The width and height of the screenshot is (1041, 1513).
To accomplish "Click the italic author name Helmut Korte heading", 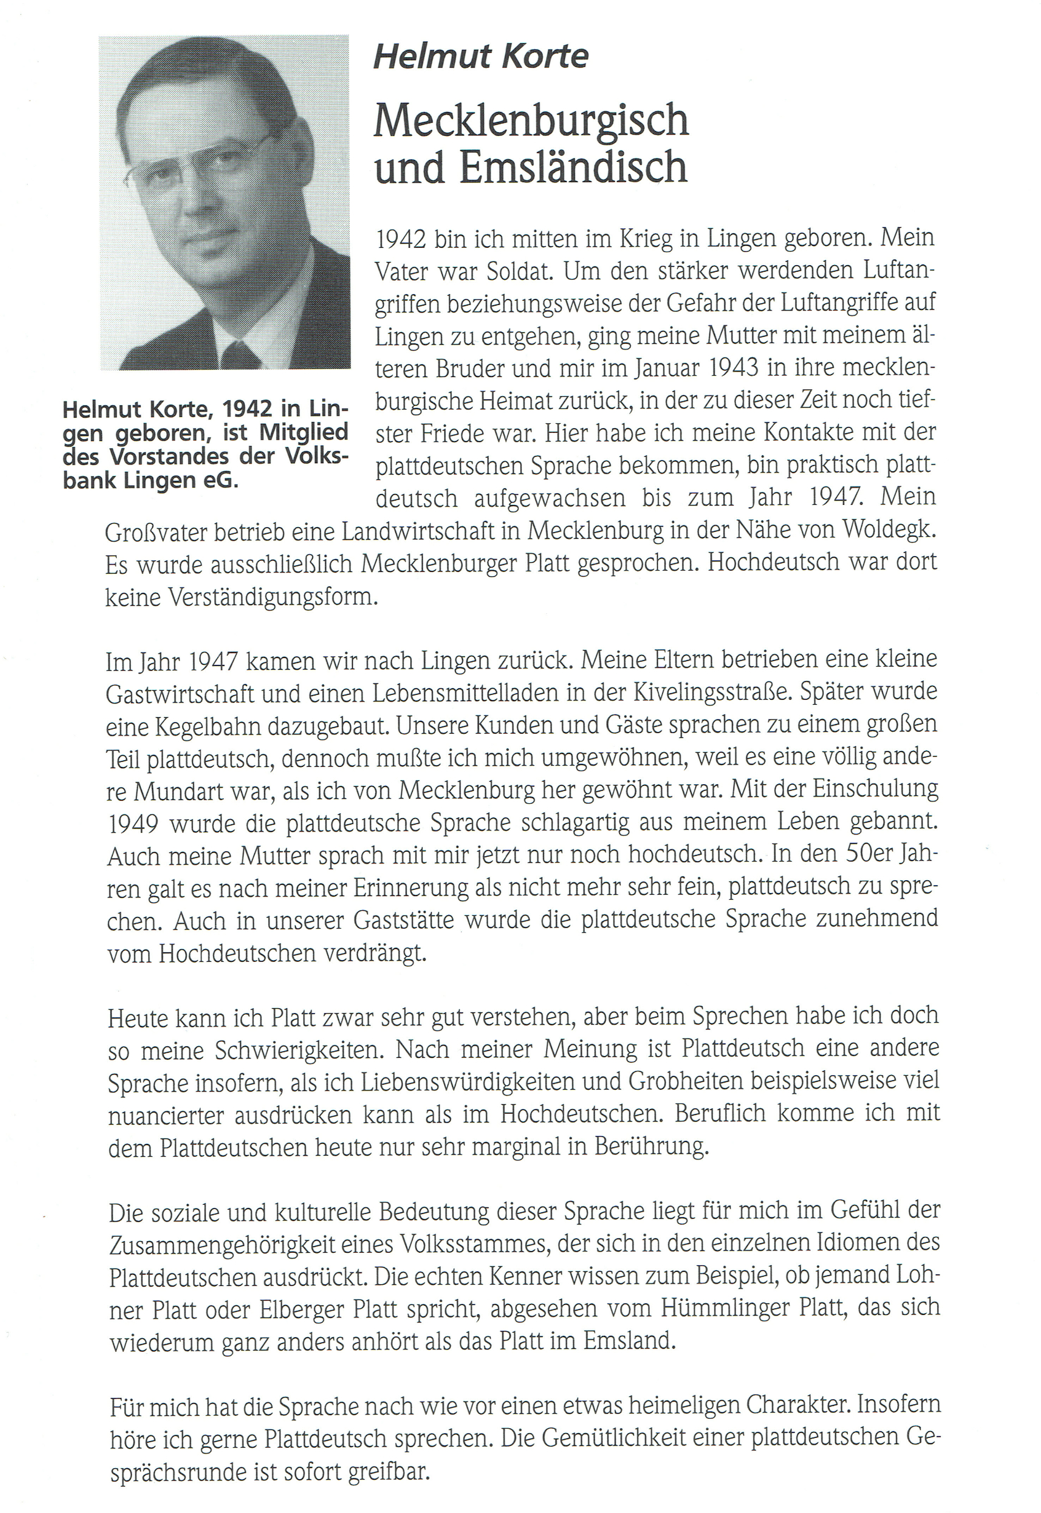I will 481,57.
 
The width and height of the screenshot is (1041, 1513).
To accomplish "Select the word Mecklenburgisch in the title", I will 531,121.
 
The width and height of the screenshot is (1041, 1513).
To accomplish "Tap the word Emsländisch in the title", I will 573,168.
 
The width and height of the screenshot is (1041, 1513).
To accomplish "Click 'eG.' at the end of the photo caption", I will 223,481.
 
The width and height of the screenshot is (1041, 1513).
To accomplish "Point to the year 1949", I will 133,824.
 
